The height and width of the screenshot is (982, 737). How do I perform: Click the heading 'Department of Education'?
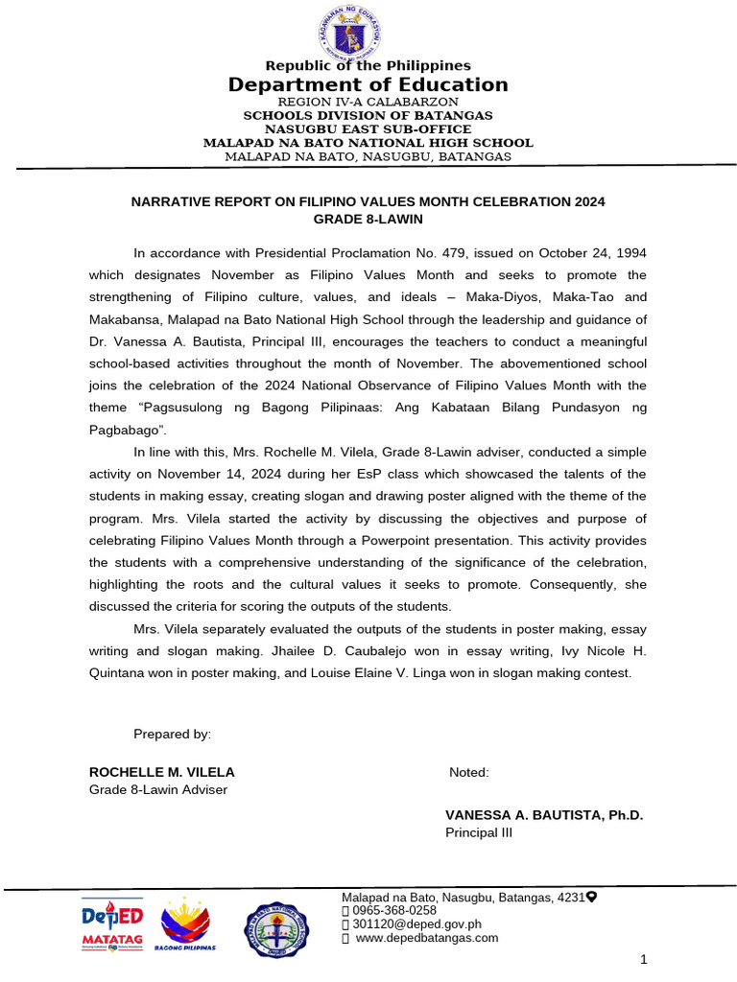pos(368,84)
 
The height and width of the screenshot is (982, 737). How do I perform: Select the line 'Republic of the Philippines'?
pos(368,65)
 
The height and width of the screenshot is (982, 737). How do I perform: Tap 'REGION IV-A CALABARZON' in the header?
pos(368,102)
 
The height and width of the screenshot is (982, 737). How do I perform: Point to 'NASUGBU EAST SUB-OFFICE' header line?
pos(368,129)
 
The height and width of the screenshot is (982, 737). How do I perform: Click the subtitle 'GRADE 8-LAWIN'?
pos(368,219)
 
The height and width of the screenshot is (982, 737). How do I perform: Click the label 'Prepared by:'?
pos(172,734)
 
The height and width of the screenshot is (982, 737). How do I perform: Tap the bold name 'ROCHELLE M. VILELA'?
pos(161,772)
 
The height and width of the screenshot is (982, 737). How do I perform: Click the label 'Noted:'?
pos(469,772)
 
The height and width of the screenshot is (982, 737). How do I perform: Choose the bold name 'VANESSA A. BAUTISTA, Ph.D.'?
pos(544,815)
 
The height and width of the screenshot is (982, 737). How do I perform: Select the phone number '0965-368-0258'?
pos(394,910)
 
